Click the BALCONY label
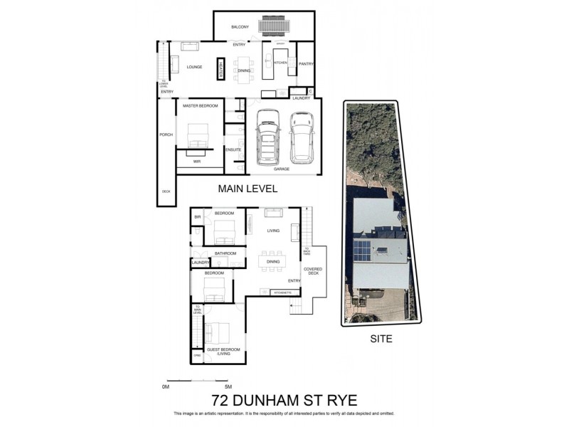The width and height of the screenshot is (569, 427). click(x=240, y=27)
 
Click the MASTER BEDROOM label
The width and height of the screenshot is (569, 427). click(x=199, y=106)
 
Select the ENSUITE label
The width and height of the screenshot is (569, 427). click(x=233, y=149)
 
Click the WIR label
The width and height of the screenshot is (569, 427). click(x=197, y=162)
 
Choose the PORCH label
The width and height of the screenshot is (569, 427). click(x=166, y=135)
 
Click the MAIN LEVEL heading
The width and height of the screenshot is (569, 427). click(x=247, y=189)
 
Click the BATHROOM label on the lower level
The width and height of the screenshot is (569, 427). click(x=225, y=253)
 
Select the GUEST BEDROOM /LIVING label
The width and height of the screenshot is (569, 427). click(x=224, y=352)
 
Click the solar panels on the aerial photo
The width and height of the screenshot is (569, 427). click(x=363, y=251)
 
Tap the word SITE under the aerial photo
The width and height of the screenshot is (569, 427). click(x=381, y=339)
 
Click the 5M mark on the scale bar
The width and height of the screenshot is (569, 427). click(x=228, y=386)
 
